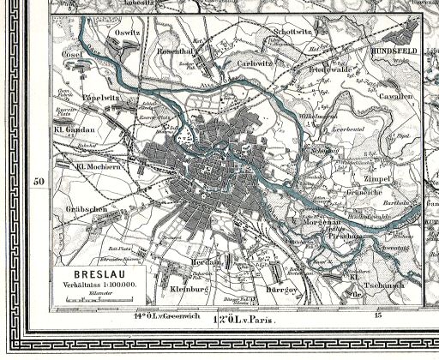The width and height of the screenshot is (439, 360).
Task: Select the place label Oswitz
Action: pyautogui.click(x=128, y=32)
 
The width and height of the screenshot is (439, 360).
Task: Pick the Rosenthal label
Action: pyautogui.click(x=171, y=48)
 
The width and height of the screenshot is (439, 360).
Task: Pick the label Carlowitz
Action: pyautogui.click(x=255, y=63)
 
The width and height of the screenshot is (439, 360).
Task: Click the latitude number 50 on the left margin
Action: pyautogui.click(x=38, y=182)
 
